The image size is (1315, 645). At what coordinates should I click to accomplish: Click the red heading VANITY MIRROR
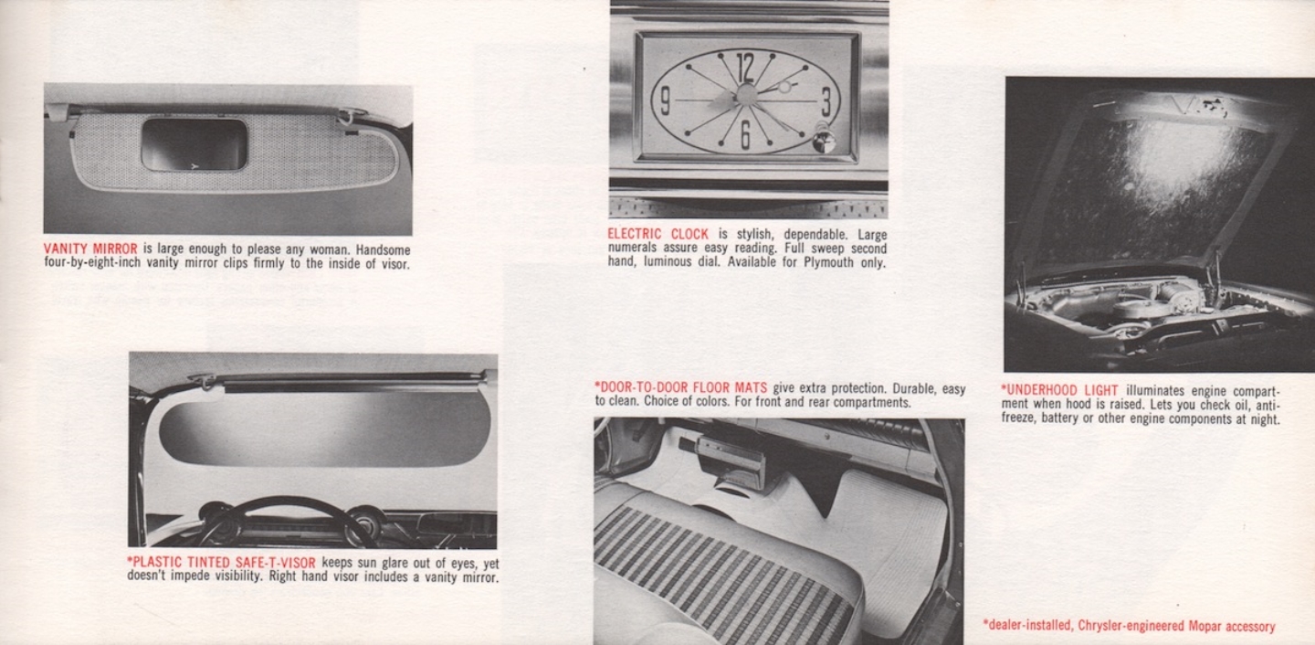click(90, 249)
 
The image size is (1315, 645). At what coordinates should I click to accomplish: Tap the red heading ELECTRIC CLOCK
click(657, 234)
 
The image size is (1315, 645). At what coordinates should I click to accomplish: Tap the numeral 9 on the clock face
click(664, 100)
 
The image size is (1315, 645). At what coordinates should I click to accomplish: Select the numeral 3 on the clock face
click(826, 100)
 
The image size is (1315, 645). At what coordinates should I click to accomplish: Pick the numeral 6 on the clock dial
click(745, 134)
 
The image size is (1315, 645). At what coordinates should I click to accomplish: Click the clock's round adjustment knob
click(824, 141)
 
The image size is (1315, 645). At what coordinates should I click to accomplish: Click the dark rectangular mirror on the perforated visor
click(194, 145)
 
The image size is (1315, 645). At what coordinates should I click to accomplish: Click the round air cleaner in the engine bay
click(1141, 309)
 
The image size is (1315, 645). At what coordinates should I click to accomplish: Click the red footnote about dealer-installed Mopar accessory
click(1129, 626)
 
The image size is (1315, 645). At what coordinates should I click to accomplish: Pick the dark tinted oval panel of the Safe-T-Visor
click(324, 428)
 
